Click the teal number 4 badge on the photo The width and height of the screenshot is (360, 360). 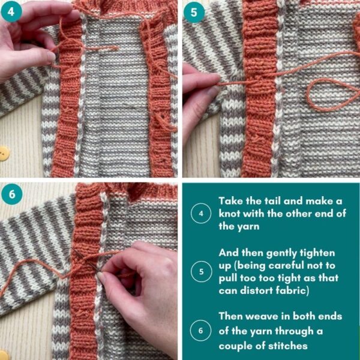coord(13,12)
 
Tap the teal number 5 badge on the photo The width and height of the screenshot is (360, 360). coord(194,12)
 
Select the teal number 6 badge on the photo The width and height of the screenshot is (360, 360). coord(13,194)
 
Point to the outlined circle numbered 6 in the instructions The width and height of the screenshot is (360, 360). coord(199,331)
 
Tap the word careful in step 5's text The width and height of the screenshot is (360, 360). coord(292,266)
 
